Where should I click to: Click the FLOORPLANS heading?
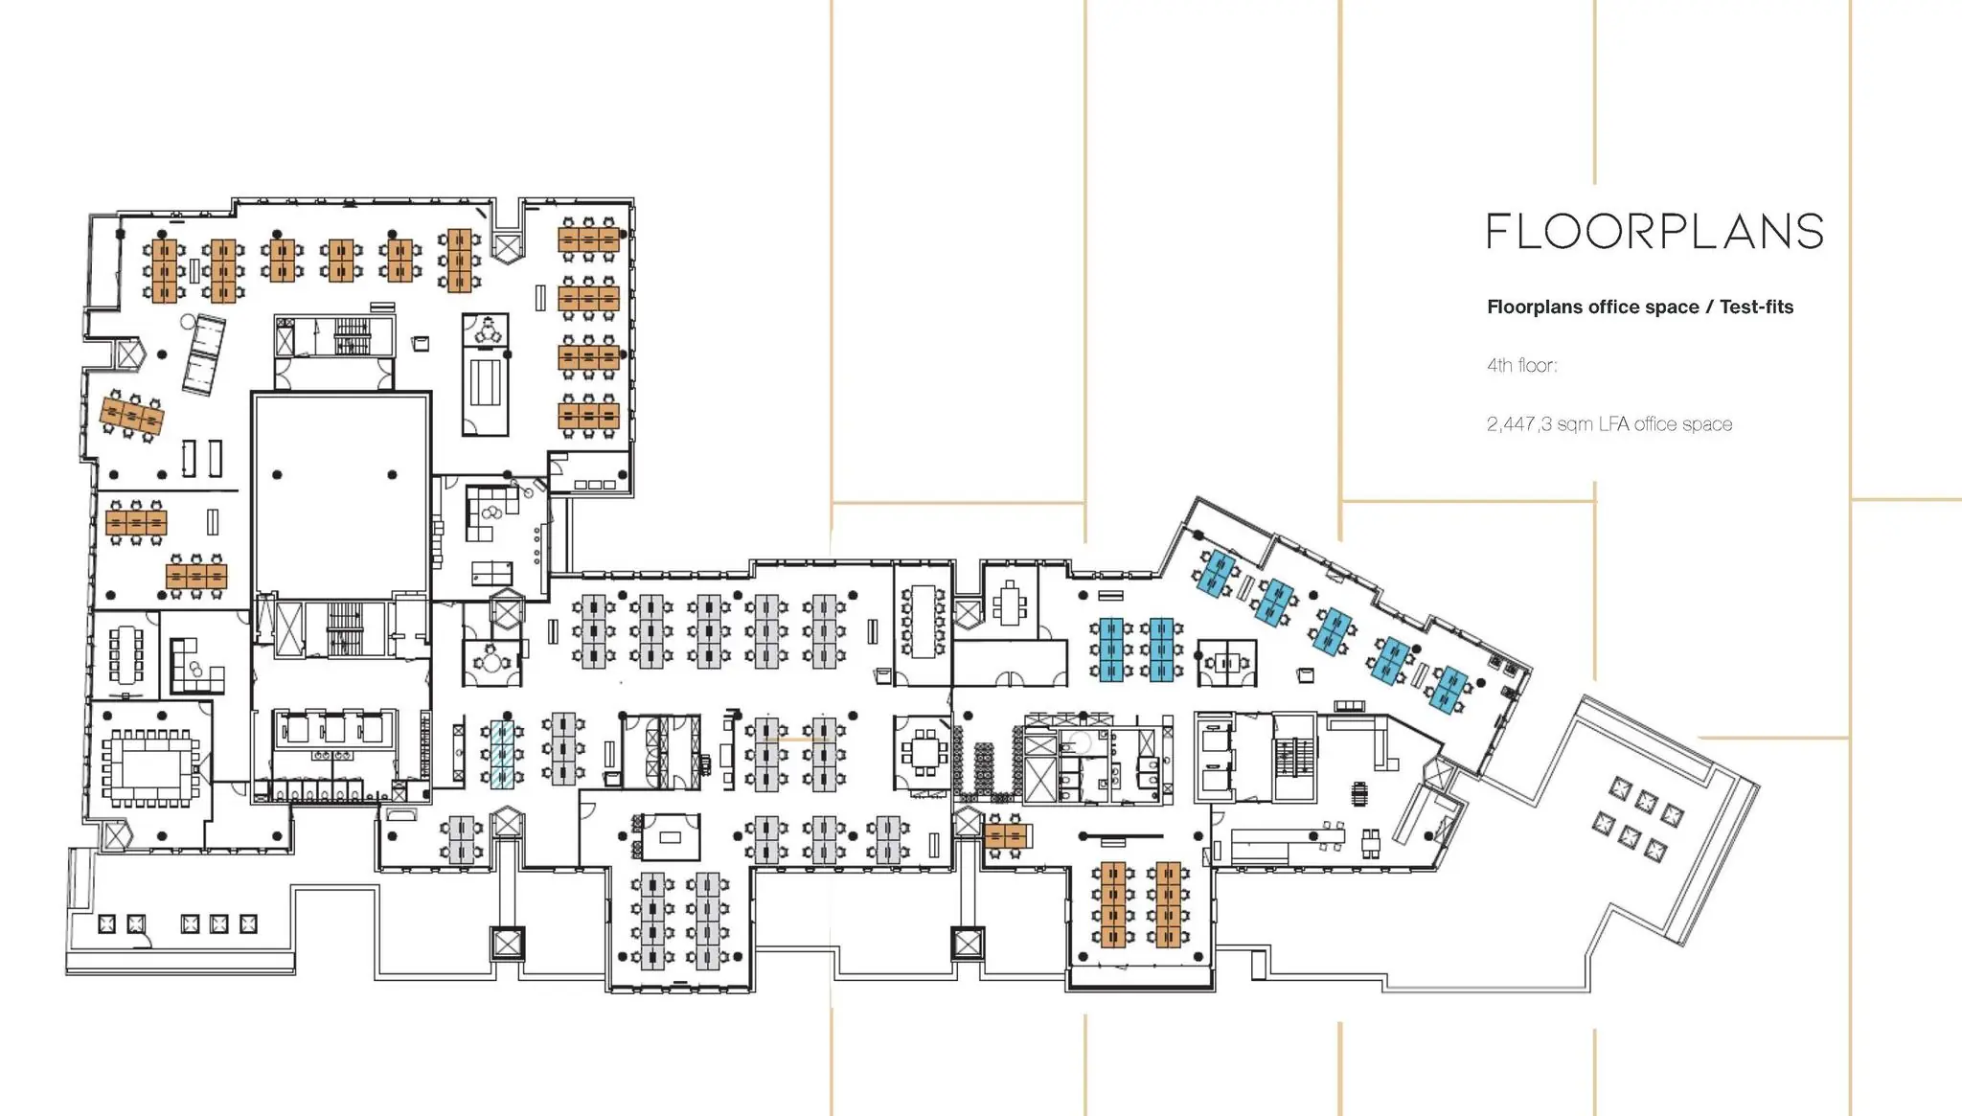point(1654,232)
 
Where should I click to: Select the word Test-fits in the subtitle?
point(1756,307)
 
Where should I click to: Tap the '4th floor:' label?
point(1521,365)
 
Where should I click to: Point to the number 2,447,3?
point(1518,424)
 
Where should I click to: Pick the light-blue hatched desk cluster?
point(502,755)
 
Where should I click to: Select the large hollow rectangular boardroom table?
point(149,767)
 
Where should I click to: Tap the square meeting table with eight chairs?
point(924,753)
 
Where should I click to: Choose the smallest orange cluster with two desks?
point(1005,837)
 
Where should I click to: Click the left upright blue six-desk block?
point(1110,649)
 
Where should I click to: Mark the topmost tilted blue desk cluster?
point(1218,574)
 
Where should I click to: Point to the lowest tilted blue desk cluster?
point(1449,690)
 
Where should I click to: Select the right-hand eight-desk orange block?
point(1168,904)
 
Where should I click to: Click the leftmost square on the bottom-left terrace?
point(107,923)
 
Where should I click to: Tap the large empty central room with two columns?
point(340,495)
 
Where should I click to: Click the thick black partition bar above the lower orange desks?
point(1120,835)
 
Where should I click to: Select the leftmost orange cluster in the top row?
point(165,271)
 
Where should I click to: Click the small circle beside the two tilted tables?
point(189,321)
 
